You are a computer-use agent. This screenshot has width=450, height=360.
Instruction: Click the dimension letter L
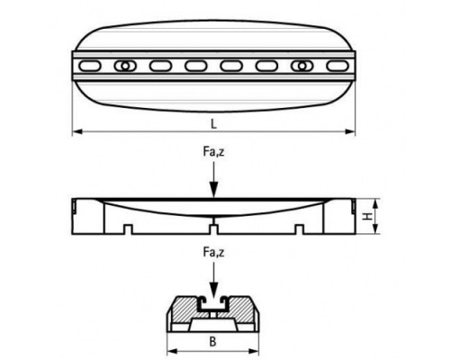pos(213,123)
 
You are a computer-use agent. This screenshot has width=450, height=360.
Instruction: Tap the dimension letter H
pos(366,216)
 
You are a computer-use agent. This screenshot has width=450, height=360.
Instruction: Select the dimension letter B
pos(212,342)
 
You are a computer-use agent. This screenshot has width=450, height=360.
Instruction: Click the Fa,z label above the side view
pos(213,152)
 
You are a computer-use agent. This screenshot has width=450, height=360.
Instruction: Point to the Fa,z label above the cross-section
pos(213,252)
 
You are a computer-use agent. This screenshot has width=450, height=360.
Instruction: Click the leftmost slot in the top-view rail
pos(90,66)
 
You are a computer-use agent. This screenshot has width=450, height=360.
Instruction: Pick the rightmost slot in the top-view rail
pos(337,66)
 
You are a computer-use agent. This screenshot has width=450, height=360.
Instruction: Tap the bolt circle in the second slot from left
pos(125,66)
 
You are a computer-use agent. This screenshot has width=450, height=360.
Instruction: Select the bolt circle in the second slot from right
pos(302,66)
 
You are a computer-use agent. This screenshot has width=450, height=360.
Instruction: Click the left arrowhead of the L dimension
pos(77,131)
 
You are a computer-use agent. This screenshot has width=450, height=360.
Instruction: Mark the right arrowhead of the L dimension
pos(350,131)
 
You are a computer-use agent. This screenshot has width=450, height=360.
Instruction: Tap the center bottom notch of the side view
pos(213,229)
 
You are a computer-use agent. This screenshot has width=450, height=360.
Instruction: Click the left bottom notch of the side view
pos(129,229)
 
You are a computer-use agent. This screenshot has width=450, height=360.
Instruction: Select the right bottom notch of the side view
pos(299,229)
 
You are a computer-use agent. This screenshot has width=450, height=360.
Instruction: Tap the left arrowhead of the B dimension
pos(172,350)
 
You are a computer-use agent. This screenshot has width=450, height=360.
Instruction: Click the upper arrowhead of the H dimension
pos(374,203)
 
